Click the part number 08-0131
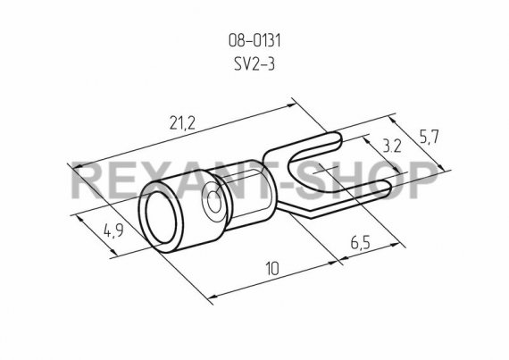tap(254, 41)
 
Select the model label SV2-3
tap(254, 64)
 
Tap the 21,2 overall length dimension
tap(182, 123)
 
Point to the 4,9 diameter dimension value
tap(113, 230)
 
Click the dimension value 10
tap(272, 269)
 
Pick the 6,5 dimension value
tap(361, 243)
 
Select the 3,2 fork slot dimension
tap(392, 147)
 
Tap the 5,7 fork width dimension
tap(430, 137)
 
